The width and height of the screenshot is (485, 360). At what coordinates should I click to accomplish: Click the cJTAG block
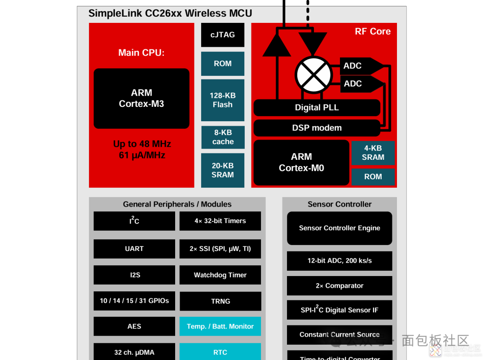[x=223, y=35]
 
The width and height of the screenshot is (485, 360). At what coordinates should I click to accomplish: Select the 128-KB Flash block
[x=223, y=100]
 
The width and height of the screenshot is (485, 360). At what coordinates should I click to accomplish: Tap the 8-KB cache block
[x=223, y=137]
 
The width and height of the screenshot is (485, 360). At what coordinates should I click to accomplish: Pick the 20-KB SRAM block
[x=223, y=170]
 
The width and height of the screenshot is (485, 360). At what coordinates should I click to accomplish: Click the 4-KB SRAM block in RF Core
[x=373, y=153]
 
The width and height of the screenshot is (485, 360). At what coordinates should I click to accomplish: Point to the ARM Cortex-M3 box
[x=141, y=98]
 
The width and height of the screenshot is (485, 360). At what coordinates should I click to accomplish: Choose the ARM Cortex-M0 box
[x=301, y=162]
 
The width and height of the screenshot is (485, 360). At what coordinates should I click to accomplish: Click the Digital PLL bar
[x=317, y=108]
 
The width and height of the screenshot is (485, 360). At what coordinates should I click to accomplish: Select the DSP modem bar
[x=317, y=128]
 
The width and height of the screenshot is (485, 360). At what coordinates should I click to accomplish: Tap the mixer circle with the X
[x=313, y=75]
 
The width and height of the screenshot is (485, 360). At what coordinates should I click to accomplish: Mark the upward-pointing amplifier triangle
[x=277, y=46]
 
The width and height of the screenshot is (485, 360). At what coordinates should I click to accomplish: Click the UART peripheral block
[x=134, y=249]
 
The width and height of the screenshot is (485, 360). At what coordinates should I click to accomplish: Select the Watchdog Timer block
[x=220, y=275]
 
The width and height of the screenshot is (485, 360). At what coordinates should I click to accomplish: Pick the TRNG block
[x=220, y=301]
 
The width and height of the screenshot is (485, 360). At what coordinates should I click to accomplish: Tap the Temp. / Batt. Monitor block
[x=220, y=326]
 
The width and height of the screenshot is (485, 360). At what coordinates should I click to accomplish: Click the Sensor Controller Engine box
[x=339, y=228]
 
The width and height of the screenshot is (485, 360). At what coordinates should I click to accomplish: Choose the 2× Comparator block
[x=339, y=285]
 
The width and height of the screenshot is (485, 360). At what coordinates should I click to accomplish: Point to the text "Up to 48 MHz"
[x=142, y=144]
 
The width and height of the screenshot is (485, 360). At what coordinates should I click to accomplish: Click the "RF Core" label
[x=373, y=31]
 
